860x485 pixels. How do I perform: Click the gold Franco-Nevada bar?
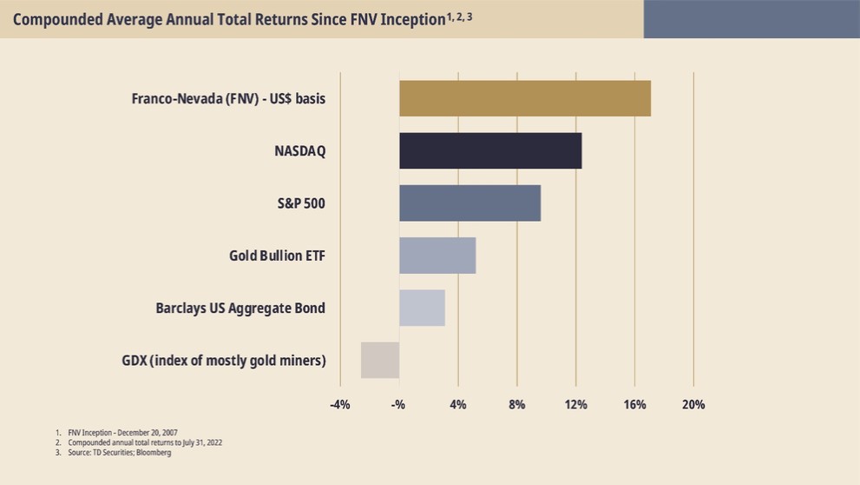coord(524,98)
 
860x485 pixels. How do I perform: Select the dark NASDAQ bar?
coord(490,150)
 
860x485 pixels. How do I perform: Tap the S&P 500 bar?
coord(469,203)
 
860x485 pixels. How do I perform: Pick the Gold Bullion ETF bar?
coord(437,256)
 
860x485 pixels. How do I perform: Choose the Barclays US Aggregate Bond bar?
coord(422,308)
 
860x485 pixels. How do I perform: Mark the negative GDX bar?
coord(380,360)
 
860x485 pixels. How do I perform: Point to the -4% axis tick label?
coord(339,404)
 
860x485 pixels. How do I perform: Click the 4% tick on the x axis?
coord(458,404)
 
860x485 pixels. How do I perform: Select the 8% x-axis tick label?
coord(516,404)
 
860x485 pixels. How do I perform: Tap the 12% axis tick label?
coord(575,404)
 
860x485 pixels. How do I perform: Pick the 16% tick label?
coord(634,404)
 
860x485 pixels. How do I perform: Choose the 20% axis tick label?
coord(693,404)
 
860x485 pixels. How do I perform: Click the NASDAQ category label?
coord(299,151)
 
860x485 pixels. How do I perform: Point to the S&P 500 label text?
coord(295,203)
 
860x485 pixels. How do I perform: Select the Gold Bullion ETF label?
coord(277,256)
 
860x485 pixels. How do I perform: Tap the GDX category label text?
coord(224,360)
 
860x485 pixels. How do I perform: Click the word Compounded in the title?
coord(56,19)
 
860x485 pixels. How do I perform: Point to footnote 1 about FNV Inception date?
coord(121,432)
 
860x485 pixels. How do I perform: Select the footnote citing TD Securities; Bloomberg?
coord(119,453)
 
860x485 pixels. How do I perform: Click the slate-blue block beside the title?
coord(752,19)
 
